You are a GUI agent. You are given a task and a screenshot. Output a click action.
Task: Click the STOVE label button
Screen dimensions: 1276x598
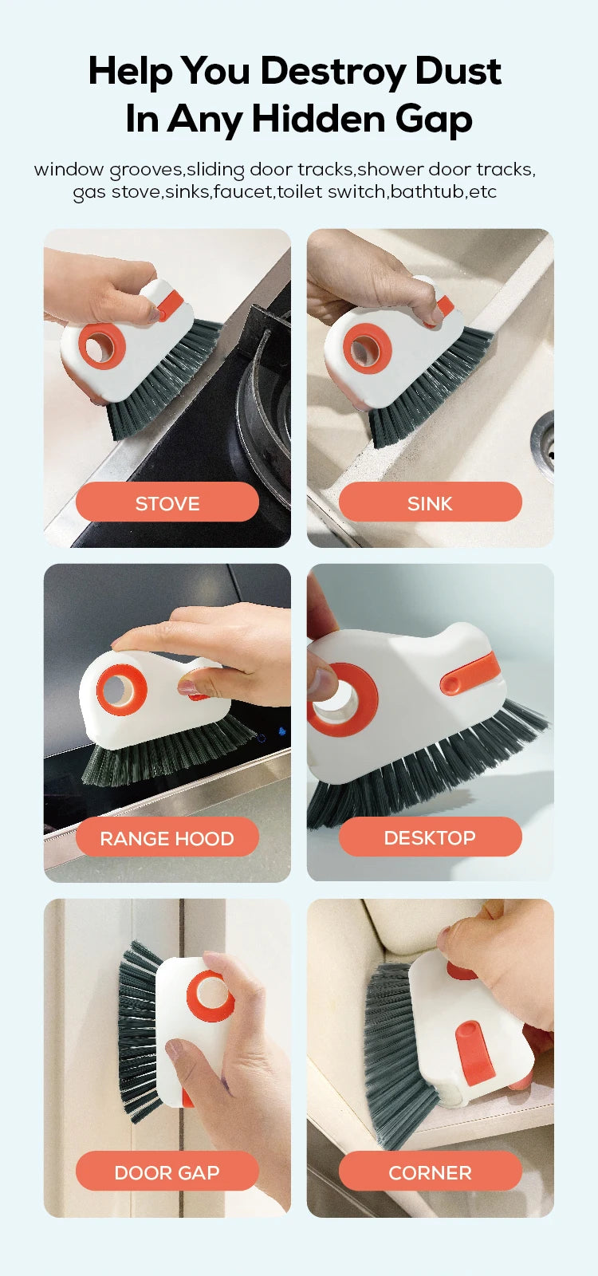tap(167, 503)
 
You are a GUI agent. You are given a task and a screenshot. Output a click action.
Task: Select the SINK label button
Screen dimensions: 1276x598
tap(430, 503)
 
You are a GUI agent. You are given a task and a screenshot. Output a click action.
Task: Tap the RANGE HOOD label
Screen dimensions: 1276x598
tap(167, 838)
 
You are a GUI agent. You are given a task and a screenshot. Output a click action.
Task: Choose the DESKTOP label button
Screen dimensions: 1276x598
tap(430, 837)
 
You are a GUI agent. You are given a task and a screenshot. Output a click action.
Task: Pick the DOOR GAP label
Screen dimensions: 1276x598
tap(167, 1172)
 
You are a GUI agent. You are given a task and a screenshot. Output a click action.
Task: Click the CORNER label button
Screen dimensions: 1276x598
tap(430, 1172)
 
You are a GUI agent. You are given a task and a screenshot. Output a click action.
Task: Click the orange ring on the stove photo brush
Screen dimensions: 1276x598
tap(102, 346)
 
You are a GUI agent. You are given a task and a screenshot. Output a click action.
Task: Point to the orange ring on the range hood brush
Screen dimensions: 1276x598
tap(122, 689)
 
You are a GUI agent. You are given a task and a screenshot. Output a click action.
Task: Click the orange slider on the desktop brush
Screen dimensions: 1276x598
tap(470, 674)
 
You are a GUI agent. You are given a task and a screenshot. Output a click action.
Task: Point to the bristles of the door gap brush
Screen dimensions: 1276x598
tap(139, 1029)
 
